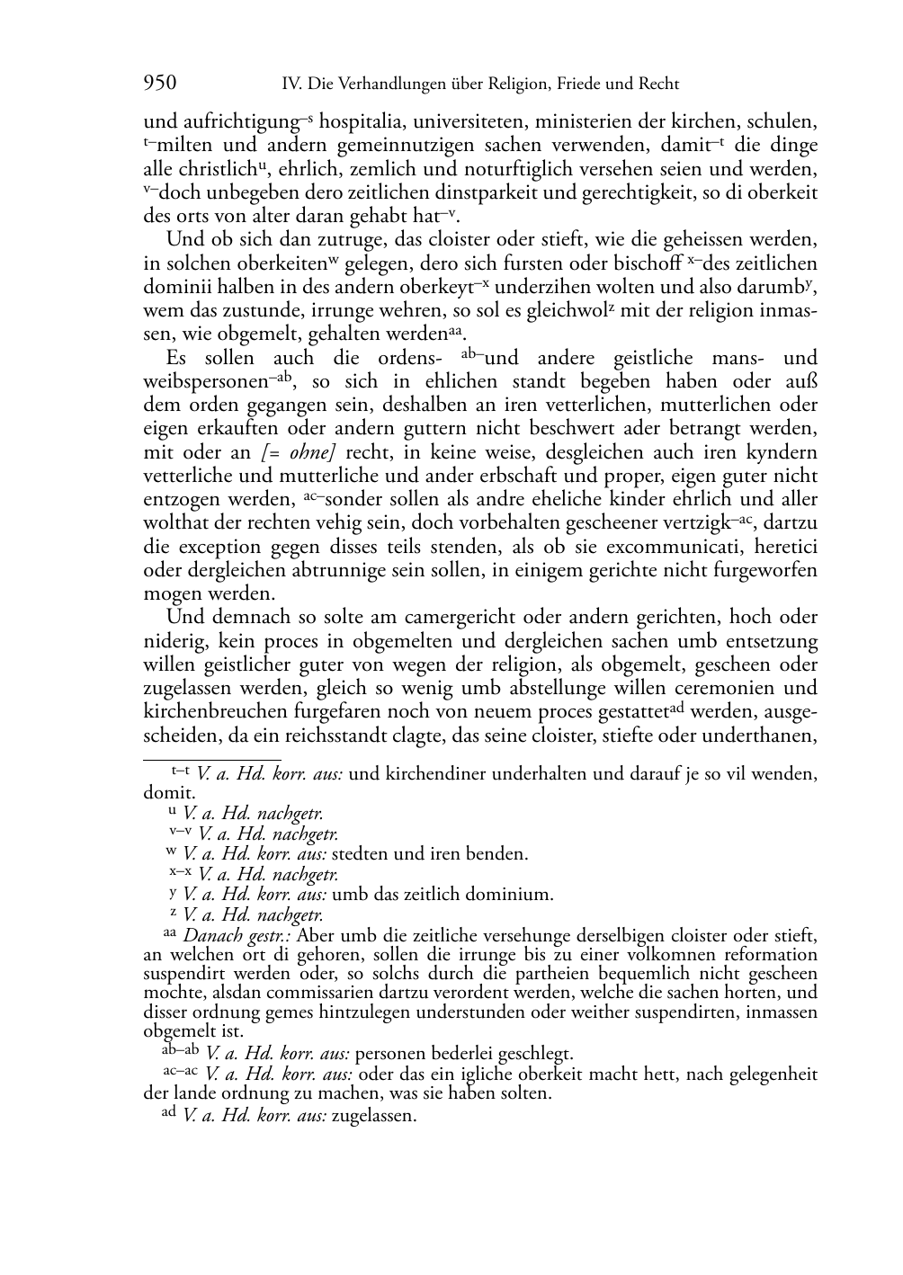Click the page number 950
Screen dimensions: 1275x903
[160, 84]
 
